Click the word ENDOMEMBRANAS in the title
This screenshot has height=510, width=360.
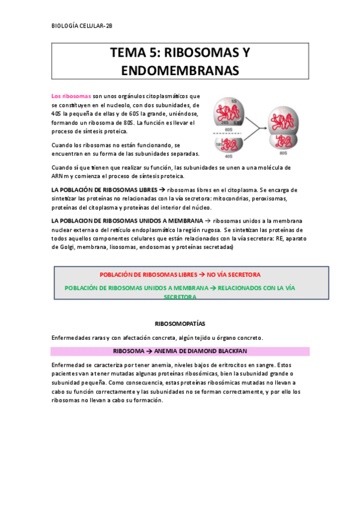click(180, 71)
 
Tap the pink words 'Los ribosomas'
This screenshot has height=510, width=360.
click(71, 96)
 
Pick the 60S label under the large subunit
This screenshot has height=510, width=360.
click(228, 128)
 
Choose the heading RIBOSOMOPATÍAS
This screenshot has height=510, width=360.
click(180, 323)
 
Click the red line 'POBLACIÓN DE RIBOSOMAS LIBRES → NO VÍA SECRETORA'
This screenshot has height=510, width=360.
click(180, 274)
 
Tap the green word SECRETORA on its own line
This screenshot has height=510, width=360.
click(180, 297)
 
